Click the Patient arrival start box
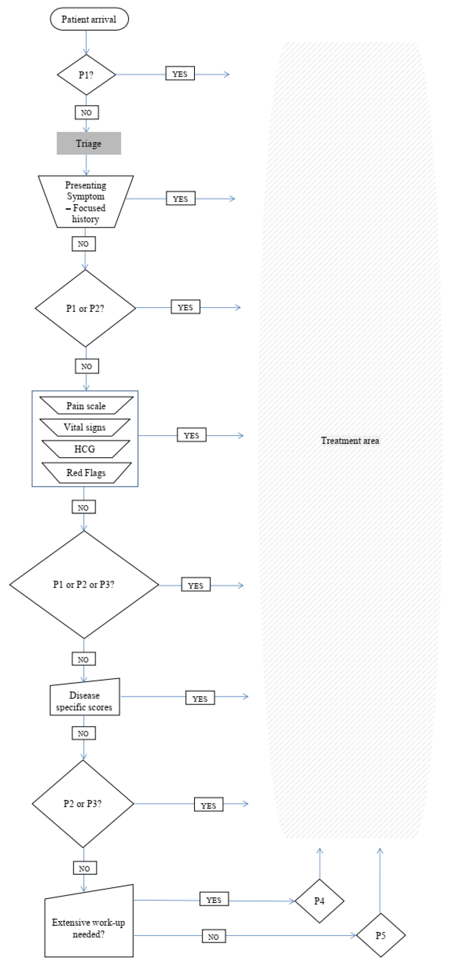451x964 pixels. point(89,19)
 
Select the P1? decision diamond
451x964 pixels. point(86,75)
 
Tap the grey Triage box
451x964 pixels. point(88,143)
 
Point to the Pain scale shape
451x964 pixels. point(86,406)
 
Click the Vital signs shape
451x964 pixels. point(85,427)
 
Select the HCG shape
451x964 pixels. point(85,449)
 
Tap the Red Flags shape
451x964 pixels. point(86,473)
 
